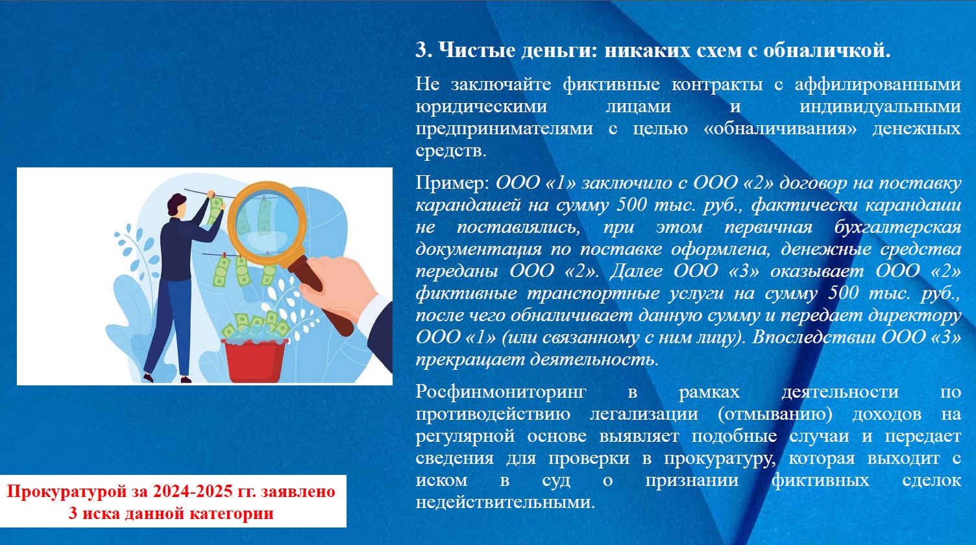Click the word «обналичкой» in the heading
827,51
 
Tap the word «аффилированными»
878,84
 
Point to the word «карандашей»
468,205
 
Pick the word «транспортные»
593,293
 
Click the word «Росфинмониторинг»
501,392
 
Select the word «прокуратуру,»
720,458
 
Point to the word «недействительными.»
506,502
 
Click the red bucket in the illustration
255,360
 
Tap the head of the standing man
177,204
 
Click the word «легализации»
644,414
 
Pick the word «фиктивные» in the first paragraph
611,84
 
